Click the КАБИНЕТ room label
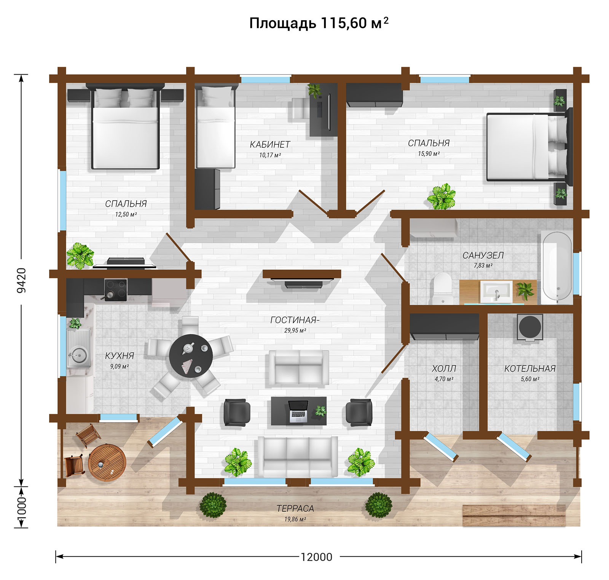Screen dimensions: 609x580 (270, 145)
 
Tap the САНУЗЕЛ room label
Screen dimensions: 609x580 (483, 255)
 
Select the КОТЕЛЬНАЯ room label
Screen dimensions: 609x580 (530, 368)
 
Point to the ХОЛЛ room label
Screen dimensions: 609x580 (444, 368)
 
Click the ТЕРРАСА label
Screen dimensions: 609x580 (295, 508)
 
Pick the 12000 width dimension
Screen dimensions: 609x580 (317, 557)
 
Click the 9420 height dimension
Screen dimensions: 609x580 (22, 280)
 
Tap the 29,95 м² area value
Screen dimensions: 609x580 (295, 330)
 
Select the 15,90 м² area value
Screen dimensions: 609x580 (429, 154)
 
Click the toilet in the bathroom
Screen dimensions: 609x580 (442, 288)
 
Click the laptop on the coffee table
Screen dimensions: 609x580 (298, 411)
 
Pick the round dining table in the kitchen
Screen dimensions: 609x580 (191, 355)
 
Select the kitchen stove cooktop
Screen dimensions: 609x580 (116, 290)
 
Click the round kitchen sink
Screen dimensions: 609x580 (78, 355)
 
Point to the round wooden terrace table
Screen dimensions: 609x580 (107, 463)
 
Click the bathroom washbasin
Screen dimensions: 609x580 (496, 292)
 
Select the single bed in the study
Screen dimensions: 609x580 (215, 126)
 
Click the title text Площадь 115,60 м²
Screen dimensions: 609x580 (319, 23)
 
